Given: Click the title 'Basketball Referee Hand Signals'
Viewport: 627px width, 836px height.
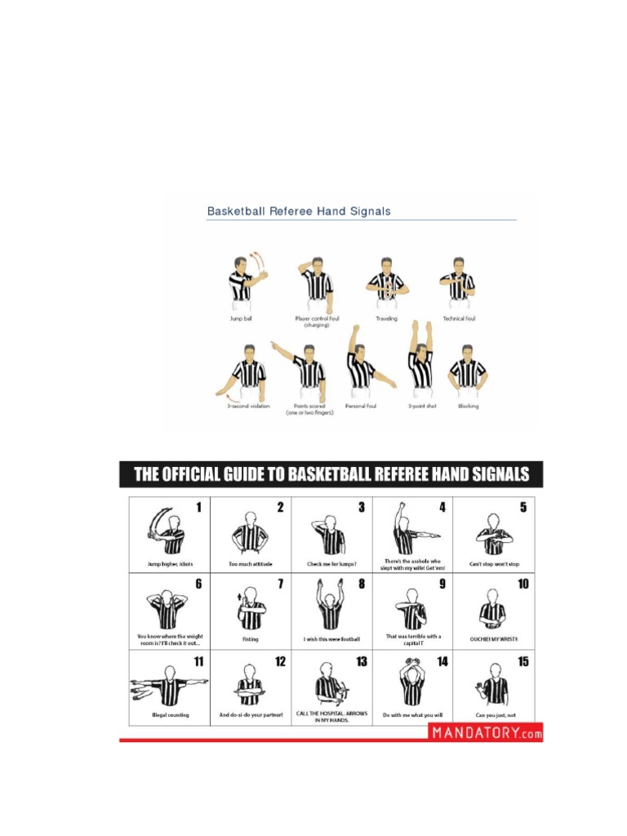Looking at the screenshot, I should click(299, 211).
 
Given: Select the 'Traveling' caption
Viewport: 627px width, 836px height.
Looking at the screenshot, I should click(387, 318).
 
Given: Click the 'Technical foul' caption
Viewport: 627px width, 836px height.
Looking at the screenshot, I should click(459, 318).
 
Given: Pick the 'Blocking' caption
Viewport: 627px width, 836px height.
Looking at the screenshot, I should click(468, 406).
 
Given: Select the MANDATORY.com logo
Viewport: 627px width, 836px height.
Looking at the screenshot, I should click(486, 732).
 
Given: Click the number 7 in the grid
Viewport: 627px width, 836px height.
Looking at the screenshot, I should click(280, 584).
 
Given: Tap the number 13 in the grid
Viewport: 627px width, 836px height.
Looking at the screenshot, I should click(361, 660).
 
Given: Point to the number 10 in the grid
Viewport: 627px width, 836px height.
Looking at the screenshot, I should click(522, 584).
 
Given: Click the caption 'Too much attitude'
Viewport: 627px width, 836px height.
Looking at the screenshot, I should click(250, 564).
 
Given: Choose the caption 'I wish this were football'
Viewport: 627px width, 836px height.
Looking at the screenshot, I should click(331, 639).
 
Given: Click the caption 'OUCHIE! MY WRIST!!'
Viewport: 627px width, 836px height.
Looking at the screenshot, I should click(494, 639).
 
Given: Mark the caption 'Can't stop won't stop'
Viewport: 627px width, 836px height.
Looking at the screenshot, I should click(493, 564).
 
